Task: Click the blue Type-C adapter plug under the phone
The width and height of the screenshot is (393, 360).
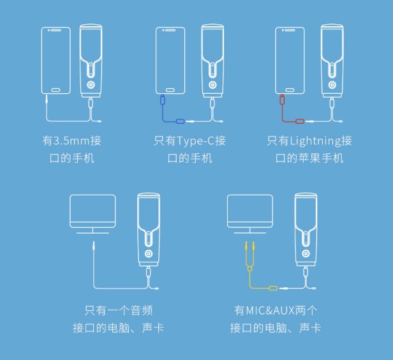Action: pos(163,100)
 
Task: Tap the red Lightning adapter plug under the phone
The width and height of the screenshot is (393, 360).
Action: pos(282,100)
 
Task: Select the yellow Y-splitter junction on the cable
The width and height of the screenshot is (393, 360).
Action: pos(249,269)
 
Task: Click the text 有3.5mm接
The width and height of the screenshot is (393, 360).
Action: pos(71,140)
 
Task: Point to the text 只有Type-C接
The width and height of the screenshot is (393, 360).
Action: pos(189,140)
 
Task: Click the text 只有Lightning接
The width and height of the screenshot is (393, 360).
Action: pos(309,140)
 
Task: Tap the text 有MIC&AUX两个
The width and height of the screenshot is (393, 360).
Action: pos(276,310)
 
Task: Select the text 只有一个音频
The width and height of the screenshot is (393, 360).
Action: pos(118,310)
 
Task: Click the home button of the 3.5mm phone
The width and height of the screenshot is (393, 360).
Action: pos(56,90)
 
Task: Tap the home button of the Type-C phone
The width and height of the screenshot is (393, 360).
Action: pos(170,90)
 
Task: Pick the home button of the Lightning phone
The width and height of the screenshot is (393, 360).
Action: pos(290,90)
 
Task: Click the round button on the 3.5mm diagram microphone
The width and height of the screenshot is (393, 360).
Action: pos(91,85)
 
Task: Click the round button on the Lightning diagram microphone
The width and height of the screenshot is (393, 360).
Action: pos(332,85)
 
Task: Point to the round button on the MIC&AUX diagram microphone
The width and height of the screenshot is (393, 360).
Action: pos(306,253)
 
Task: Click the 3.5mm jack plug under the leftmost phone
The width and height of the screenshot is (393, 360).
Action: pos(47,100)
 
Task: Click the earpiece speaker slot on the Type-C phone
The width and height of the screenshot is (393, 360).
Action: pos(170,31)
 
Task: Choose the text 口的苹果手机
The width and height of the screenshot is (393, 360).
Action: pos(309,158)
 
